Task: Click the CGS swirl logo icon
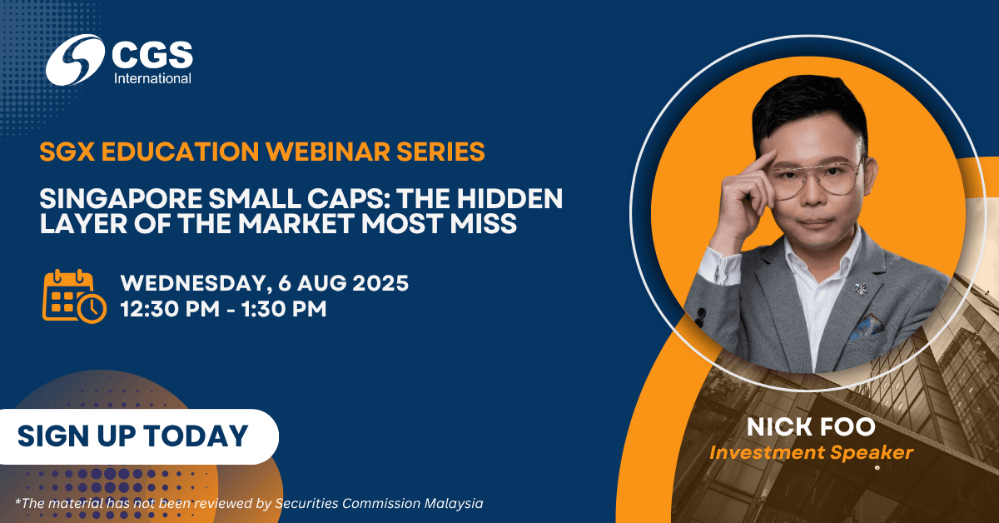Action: click(x=75, y=60)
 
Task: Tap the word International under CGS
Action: click(x=152, y=78)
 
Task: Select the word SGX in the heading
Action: click(x=67, y=152)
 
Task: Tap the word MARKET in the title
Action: click(x=295, y=223)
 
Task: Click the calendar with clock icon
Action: click(x=74, y=296)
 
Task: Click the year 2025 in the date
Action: click(x=380, y=283)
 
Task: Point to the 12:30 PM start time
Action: click(x=170, y=309)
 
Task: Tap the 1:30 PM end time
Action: click(x=284, y=309)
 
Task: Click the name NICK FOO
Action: click(x=811, y=427)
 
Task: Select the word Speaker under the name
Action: click(x=872, y=453)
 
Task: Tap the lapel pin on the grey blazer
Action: click(x=860, y=289)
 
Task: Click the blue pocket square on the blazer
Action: click(x=866, y=327)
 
